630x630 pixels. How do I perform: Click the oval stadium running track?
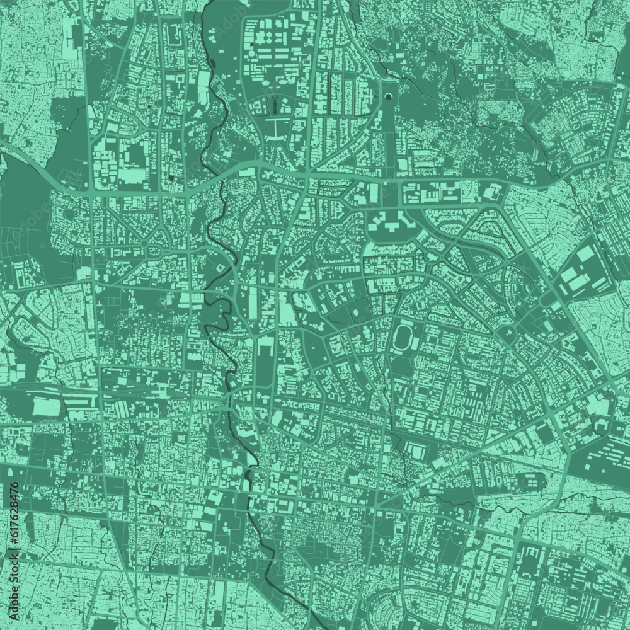click(x=403, y=338)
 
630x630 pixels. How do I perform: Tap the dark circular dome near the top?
click(x=389, y=96)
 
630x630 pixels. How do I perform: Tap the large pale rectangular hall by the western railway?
click(x=44, y=404)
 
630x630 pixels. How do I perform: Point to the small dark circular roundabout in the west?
click(x=143, y=244)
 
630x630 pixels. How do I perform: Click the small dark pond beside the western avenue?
click(x=171, y=179)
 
